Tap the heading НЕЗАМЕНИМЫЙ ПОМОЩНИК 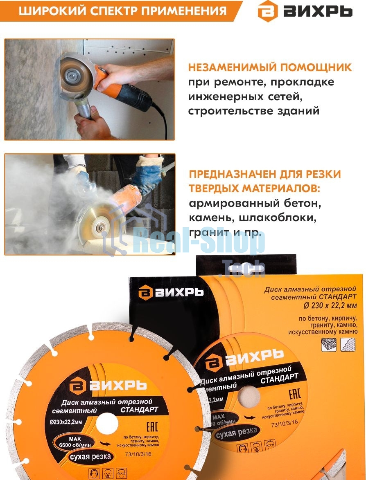(x=270, y=67)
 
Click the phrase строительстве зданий (x=253, y=111)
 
